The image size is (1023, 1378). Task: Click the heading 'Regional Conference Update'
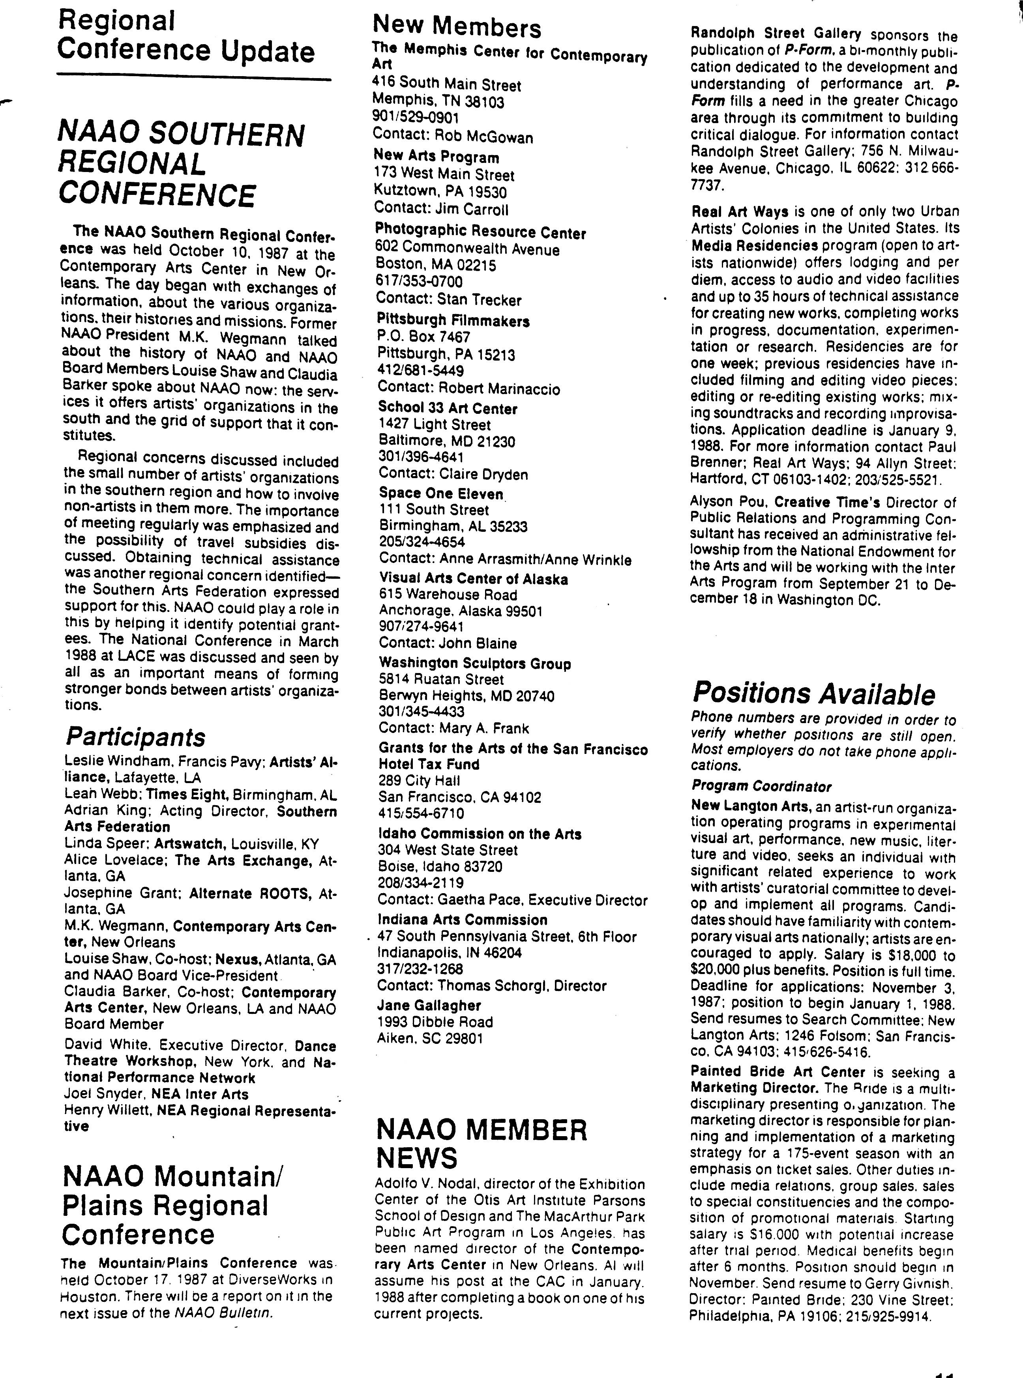point(186,37)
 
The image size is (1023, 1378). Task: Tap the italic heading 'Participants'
point(135,737)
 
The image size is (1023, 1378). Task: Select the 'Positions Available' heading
point(813,693)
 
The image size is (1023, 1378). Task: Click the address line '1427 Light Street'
point(434,424)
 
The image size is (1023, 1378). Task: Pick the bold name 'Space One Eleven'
point(441,494)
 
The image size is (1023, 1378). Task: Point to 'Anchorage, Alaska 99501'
point(460,611)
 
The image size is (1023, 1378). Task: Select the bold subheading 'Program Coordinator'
point(761,787)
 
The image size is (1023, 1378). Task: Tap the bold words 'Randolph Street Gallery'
point(775,34)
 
